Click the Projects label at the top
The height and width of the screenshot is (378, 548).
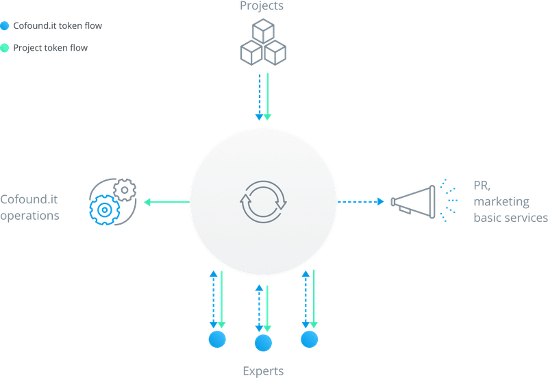point(262,6)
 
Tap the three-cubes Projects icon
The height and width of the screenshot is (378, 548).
point(263,42)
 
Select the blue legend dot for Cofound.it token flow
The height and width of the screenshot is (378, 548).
point(5,26)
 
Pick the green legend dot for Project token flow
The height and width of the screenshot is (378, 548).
point(5,48)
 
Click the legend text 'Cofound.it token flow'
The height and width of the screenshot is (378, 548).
point(58,25)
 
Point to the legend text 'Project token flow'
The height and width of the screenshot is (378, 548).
point(50,48)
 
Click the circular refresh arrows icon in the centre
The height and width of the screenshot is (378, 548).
point(263,202)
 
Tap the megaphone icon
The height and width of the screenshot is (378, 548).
point(413,202)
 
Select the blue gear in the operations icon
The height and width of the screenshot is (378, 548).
point(105,210)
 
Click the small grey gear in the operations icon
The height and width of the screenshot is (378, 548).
point(125,190)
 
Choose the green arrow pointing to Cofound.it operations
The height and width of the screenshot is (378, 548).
point(166,202)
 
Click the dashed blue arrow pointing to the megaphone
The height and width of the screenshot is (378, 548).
point(361,201)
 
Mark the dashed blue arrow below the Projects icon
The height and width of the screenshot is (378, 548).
point(260,97)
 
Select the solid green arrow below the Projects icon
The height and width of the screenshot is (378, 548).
point(267,97)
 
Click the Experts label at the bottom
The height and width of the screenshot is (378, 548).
point(263,371)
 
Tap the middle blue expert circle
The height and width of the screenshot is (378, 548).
point(263,343)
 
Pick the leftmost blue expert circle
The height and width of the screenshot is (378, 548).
point(217,339)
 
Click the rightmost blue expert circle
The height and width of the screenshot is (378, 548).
point(310,339)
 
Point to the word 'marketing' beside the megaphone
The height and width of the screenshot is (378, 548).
point(501,202)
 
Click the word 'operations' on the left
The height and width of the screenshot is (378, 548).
point(29,216)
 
